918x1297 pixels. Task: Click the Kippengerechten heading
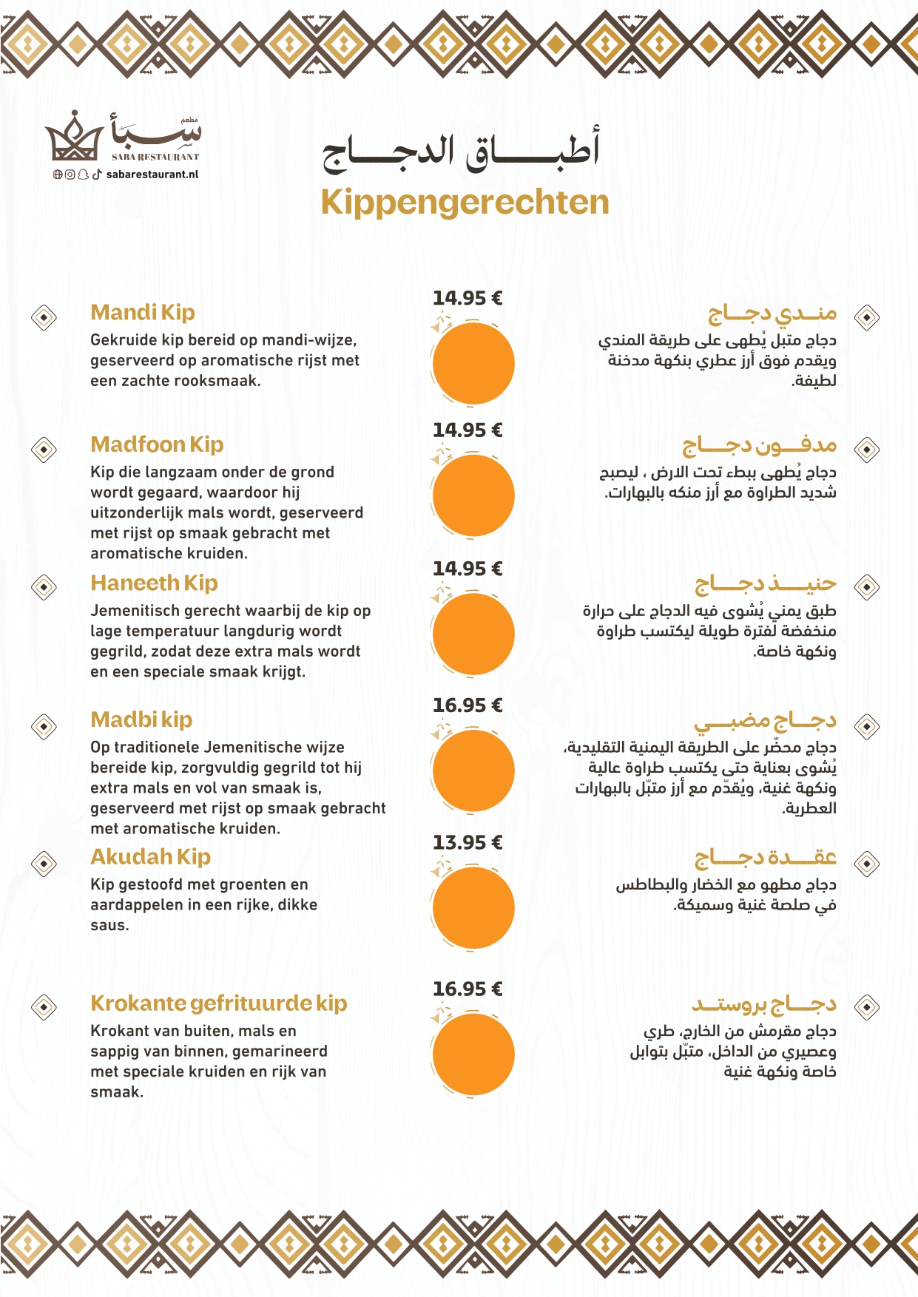[x=465, y=203]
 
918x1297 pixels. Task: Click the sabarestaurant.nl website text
[x=152, y=175]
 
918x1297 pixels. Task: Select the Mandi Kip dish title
[x=143, y=312]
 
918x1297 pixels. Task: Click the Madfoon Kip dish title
[x=157, y=444]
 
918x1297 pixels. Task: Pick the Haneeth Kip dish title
[x=154, y=583]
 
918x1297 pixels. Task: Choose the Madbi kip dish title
[x=141, y=719]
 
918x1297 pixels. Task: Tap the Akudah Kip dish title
[x=150, y=857]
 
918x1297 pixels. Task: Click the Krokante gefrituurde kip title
[x=218, y=1003]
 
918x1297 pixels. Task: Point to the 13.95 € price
[x=468, y=842]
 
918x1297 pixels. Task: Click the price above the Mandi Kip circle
[x=468, y=298]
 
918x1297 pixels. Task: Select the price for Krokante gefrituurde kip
[x=468, y=989]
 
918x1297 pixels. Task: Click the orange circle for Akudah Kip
[x=473, y=907]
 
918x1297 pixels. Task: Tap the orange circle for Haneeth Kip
[x=473, y=634]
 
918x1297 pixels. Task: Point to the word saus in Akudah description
[x=109, y=925]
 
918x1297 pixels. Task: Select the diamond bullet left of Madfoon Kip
[x=44, y=450]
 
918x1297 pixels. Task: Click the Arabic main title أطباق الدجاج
[x=460, y=150]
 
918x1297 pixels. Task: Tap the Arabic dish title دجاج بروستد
[x=764, y=1004]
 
